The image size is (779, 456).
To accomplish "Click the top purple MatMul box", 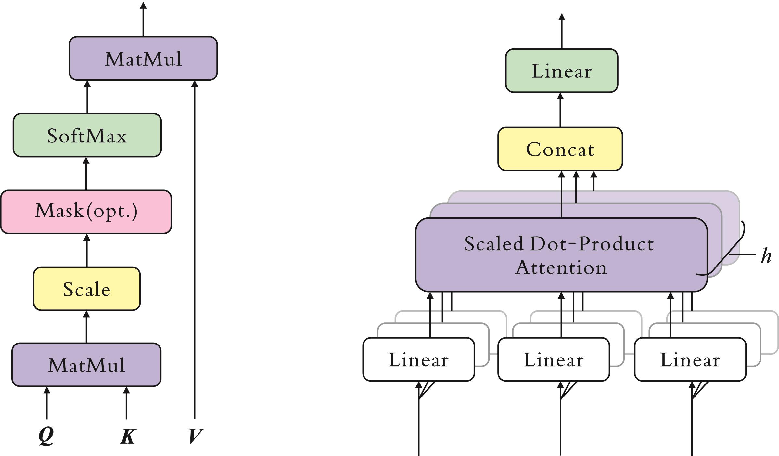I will pyautogui.click(x=143, y=59).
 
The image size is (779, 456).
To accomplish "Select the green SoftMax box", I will pyautogui.click(x=87, y=135).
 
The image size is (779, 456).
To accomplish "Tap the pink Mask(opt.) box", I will pyautogui.click(x=86, y=212).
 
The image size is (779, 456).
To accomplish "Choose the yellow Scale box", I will pyautogui.click(x=87, y=289).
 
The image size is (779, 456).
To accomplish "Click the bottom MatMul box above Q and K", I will pyautogui.click(x=86, y=365).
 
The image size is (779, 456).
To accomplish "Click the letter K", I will pyautogui.click(x=127, y=436).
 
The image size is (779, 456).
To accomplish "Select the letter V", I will pyautogui.click(x=195, y=436).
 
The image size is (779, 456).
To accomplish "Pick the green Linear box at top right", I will pyautogui.click(x=562, y=71).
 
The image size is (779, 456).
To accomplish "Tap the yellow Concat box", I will pyautogui.click(x=560, y=149).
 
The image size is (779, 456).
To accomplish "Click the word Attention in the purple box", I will pyautogui.click(x=561, y=268).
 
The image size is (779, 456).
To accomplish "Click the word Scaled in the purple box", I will pyautogui.click(x=494, y=244).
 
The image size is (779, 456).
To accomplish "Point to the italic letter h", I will pyautogui.click(x=766, y=256).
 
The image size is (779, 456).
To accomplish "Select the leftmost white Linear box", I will pyautogui.click(x=418, y=359).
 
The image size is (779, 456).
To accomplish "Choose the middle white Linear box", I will pyautogui.click(x=554, y=359).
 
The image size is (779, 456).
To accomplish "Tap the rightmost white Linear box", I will pyautogui.click(x=690, y=359).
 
